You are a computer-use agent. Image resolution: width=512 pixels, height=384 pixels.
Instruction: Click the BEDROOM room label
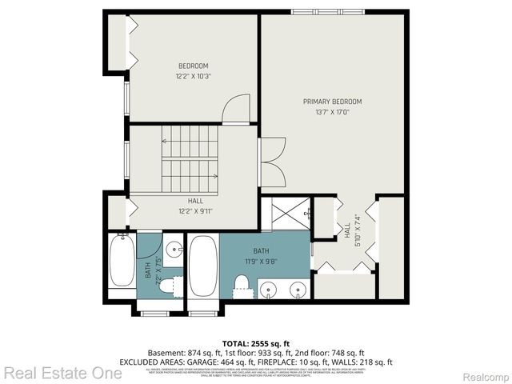point(193,66)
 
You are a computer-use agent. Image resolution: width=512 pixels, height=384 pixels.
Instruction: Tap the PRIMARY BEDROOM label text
point(332,102)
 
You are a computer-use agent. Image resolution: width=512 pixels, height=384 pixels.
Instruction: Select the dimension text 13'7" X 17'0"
point(332,112)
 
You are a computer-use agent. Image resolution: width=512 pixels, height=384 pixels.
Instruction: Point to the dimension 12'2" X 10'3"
point(193,76)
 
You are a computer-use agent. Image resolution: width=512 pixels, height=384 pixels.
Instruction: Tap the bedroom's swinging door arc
point(237,110)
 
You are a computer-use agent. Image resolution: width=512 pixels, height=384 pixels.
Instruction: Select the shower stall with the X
point(285,213)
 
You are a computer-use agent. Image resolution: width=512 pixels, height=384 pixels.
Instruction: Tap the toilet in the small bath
point(167,285)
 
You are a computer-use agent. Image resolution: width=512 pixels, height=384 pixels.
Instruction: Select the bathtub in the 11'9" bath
point(202,265)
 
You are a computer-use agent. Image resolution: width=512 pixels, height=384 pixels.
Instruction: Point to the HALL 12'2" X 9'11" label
point(195,206)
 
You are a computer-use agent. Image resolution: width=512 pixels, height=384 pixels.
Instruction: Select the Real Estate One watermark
point(62,373)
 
